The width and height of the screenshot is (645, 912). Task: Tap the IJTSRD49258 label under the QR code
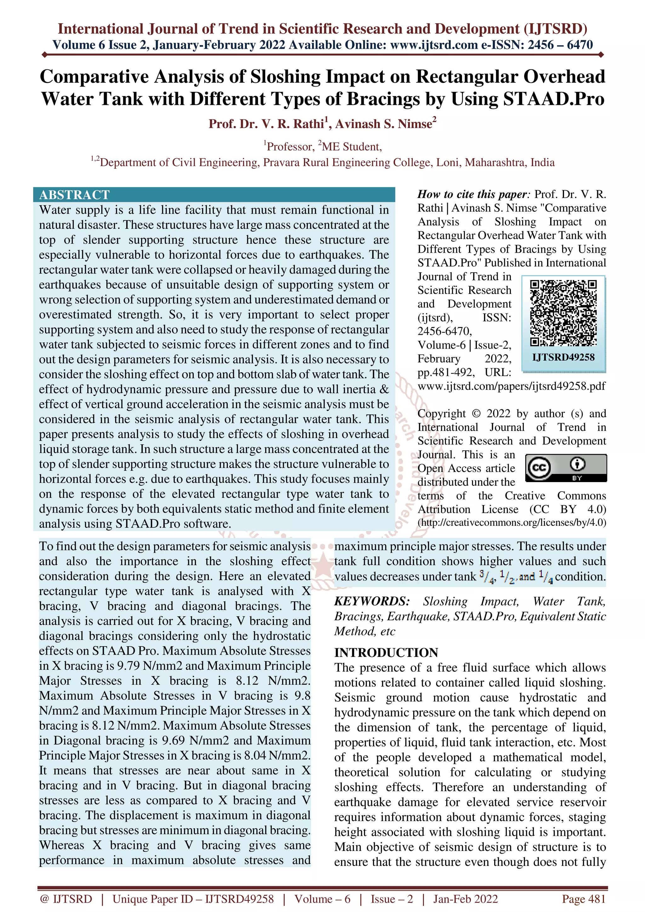[x=563, y=357]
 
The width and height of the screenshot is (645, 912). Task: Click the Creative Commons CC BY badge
[x=566, y=468]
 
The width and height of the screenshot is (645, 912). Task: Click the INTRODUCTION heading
[x=386, y=653]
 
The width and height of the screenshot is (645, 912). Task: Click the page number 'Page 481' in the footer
[x=583, y=898]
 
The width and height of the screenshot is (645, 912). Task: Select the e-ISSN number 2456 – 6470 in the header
[x=560, y=45]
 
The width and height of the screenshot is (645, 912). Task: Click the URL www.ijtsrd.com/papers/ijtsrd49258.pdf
[x=511, y=386]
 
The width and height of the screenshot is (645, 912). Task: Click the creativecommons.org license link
[x=512, y=522]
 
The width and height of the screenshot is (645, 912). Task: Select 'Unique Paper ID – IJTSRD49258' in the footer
[x=193, y=898]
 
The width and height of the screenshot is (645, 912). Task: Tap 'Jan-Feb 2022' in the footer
[x=465, y=898]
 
